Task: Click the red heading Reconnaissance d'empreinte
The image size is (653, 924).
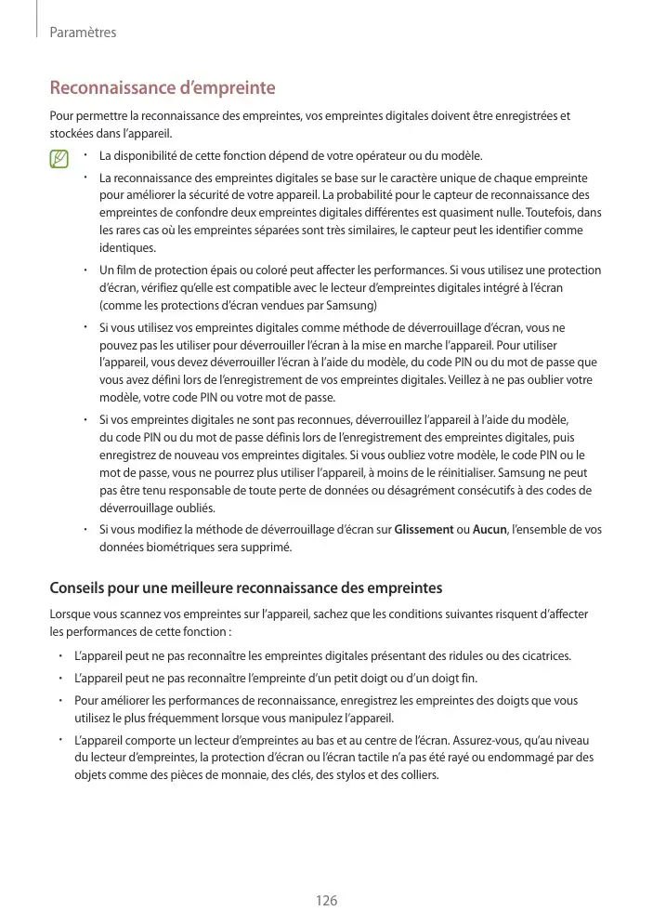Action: (162, 89)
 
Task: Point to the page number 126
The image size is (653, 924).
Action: (326, 901)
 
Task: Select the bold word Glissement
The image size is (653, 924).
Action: (424, 530)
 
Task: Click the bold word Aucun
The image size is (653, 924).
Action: (490, 530)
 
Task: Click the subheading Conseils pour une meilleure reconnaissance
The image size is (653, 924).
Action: (245, 588)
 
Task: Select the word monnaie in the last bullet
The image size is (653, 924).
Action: (215, 773)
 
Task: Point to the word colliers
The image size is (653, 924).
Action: (414, 773)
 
